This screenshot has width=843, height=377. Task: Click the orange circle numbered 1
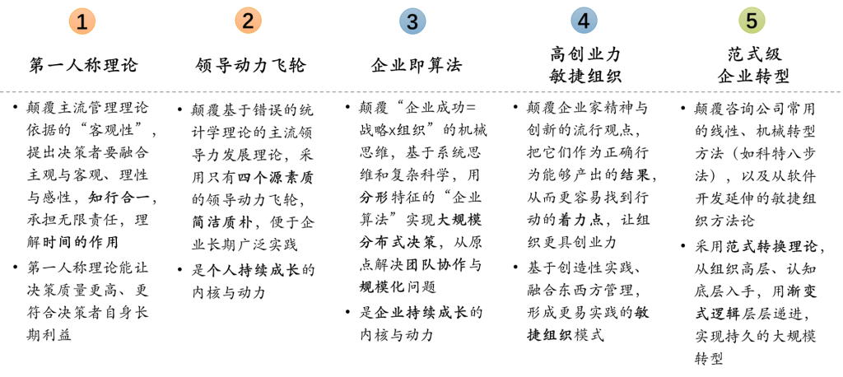(x=82, y=21)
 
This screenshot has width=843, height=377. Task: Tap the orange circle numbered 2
(x=248, y=21)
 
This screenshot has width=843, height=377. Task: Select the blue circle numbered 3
(x=412, y=21)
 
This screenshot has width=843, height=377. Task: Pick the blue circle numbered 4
(x=584, y=21)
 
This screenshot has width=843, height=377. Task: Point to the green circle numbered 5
(x=752, y=21)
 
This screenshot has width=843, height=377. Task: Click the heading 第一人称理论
(x=84, y=66)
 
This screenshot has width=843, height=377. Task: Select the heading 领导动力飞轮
(x=250, y=66)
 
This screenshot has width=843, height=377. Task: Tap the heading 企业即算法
(x=417, y=66)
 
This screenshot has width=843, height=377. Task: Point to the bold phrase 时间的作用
(x=80, y=242)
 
